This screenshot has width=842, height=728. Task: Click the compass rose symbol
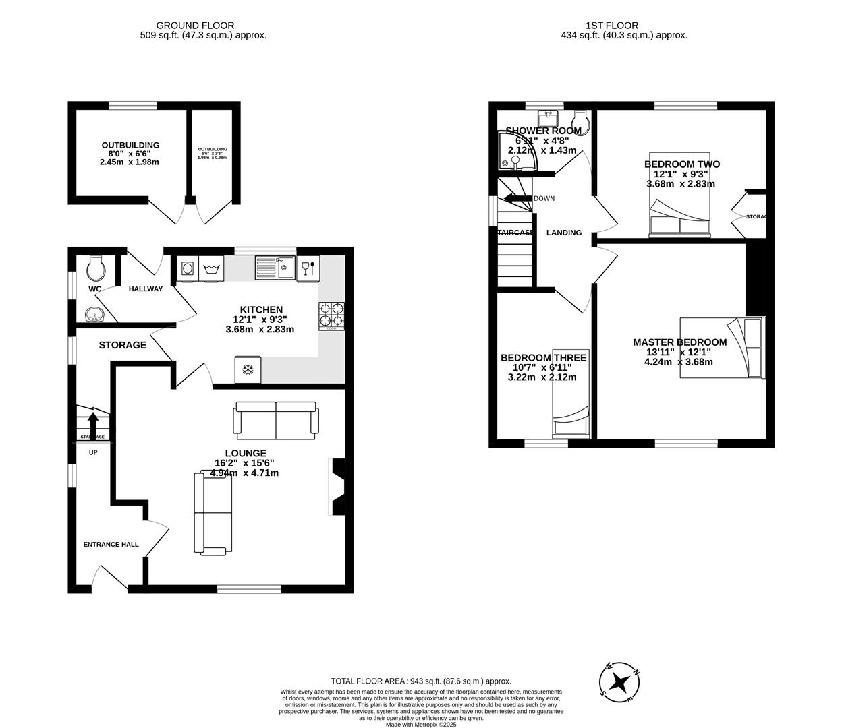click(x=620, y=681)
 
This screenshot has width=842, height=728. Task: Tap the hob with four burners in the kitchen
click(x=331, y=314)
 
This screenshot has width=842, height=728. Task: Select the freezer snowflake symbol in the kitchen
click(x=248, y=369)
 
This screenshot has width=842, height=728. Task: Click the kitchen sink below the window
click(x=275, y=268)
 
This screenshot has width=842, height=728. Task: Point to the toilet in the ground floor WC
click(x=96, y=269)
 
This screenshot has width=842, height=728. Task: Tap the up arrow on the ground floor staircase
click(x=93, y=425)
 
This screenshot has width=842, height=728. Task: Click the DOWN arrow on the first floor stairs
click(x=516, y=198)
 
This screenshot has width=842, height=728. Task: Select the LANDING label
click(x=563, y=233)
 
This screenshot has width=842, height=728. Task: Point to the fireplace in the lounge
click(x=337, y=487)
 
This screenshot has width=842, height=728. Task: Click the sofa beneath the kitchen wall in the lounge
click(x=275, y=419)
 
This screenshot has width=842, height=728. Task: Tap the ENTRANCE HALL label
click(x=111, y=544)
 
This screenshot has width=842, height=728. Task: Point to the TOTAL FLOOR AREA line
click(x=420, y=681)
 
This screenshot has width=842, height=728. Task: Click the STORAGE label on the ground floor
click(x=122, y=345)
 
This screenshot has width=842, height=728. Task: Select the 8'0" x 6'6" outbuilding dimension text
click(x=130, y=154)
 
